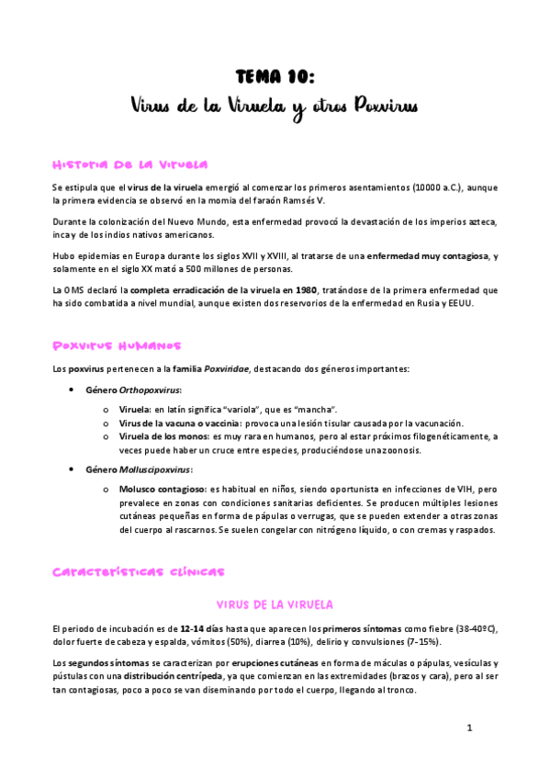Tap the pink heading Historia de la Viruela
(x=129, y=164)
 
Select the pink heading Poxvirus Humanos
(x=117, y=346)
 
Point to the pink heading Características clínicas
(x=138, y=571)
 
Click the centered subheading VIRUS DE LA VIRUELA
(x=275, y=604)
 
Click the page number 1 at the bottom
(x=468, y=728)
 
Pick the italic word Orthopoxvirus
(x=153, y=389)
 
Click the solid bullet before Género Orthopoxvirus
(x=73, y=389)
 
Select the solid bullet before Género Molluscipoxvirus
(x=73, y=469)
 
